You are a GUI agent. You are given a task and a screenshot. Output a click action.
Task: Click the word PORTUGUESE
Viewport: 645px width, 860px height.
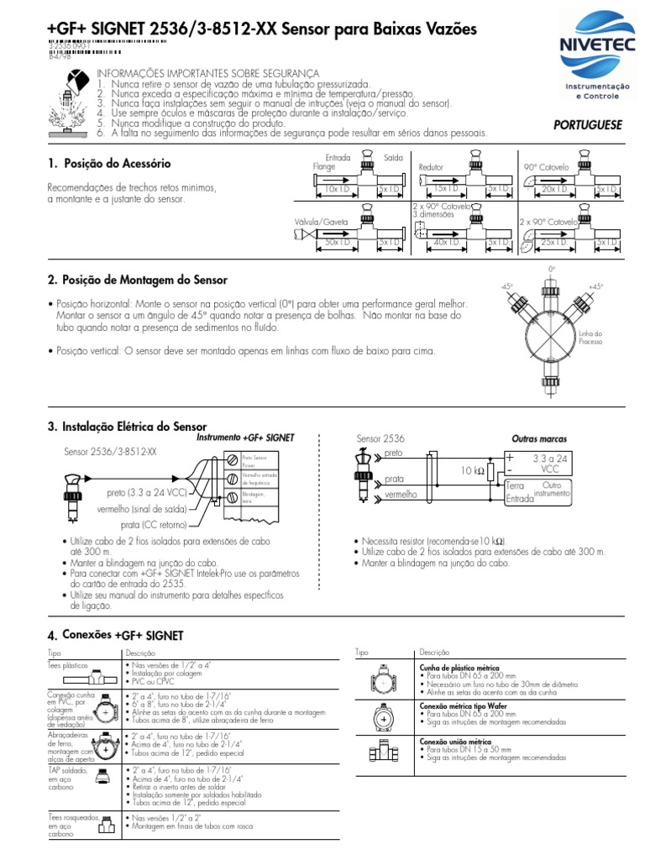[x=588, y=124]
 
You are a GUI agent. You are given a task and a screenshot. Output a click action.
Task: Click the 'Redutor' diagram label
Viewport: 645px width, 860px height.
[x=431, y=168]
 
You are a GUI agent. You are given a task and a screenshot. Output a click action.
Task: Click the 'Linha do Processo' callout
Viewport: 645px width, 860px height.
[x=592, y=338]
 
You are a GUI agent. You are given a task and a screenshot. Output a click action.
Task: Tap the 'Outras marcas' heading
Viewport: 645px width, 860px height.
[x=539, y=439]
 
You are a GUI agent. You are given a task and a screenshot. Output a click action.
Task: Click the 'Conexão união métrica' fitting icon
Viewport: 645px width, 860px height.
[x=382, y=753]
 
